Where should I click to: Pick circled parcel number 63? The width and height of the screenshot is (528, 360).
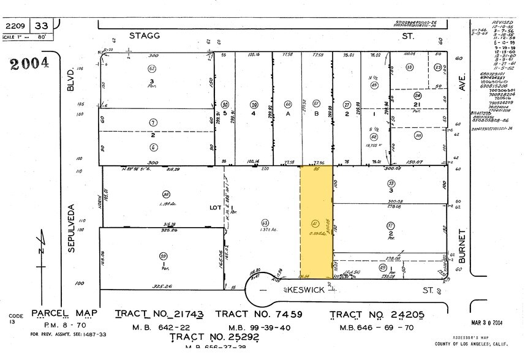pyautogui.click(x=265, y=223)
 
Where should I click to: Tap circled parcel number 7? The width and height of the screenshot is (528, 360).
pyautogui.click(x=153, y=122)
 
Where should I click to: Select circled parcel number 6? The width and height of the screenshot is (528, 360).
pyautogui.click(x=153, y=147)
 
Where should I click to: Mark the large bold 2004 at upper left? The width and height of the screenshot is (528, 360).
pyautogui.click(x=28, y=64)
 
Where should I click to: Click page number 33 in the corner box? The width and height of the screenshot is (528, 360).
pyautogui.click(x=42, y=26)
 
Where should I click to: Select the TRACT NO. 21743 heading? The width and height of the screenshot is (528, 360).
pyautogui.click(x=159, y=314)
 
